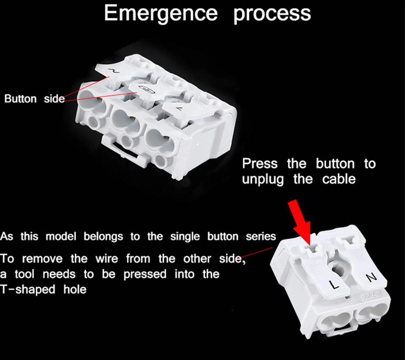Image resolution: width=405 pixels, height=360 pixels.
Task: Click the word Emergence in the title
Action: coord(161,14)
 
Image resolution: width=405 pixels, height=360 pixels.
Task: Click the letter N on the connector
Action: coord(371,277)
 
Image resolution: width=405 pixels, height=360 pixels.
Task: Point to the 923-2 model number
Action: coord(371,295)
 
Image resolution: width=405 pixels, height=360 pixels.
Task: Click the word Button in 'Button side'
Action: coord(20,99)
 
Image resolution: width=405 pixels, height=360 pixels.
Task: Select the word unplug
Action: coord(263,180)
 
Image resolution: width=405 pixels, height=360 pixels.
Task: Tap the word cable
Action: coord(339,179)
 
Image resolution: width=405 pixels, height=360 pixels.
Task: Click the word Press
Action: coord(260,163)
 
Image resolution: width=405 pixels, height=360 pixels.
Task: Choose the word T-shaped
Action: coord(28,289)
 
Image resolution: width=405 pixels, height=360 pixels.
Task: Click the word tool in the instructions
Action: coord(24,274)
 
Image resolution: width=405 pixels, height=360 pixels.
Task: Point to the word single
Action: coord(185,237)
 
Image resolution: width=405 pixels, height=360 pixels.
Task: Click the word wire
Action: coord(107,259)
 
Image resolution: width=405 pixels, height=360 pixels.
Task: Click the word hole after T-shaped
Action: coord(75,289)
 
